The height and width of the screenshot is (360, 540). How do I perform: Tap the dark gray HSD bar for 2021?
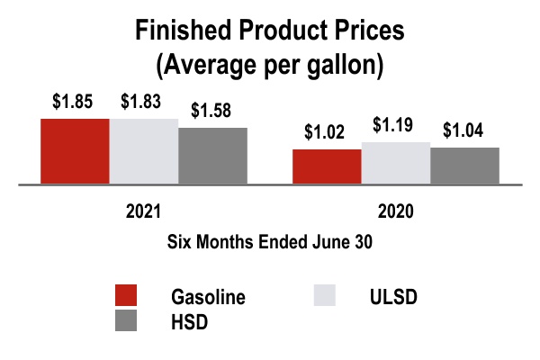(x=212, y=156)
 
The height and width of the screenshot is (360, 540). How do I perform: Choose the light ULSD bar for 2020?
(x=395, y=163)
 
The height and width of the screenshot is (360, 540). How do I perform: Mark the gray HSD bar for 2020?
(x=464, y=166)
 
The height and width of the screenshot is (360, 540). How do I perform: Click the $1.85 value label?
(x=71, y=101)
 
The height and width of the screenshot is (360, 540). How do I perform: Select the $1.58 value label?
(x=211, y=111)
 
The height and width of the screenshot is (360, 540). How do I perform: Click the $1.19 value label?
(x=395, y=125)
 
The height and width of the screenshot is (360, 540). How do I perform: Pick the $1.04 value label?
(x=463, y=130)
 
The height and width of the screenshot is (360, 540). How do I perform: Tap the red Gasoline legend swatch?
(x=126, y=297)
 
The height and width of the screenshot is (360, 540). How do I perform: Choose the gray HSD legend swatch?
(x=126, y=322)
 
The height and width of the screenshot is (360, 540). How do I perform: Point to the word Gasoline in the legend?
(x=208, y=298)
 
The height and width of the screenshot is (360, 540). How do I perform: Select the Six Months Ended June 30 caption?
(x=269, y=241)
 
